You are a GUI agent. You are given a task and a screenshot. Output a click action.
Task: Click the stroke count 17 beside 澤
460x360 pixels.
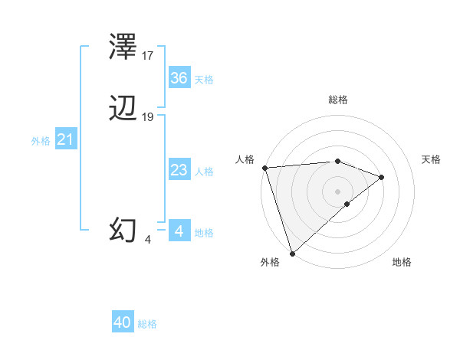[148, 56]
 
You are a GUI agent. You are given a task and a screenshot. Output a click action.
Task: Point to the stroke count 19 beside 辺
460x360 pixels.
[148, 117]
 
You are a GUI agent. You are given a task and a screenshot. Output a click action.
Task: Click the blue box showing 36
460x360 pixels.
[179, 78]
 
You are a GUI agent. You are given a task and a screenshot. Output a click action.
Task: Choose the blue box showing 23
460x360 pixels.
[179, 171]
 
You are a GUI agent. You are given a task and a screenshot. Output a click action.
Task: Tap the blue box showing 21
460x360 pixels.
[65, 140]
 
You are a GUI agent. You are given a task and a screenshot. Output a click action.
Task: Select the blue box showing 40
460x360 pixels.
[123, 323]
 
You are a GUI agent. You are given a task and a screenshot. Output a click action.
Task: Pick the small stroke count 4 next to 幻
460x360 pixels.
[148, 239]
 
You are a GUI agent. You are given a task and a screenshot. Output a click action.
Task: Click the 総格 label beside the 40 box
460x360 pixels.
[147, 324]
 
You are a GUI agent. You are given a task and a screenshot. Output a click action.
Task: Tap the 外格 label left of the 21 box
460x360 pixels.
[41, 141]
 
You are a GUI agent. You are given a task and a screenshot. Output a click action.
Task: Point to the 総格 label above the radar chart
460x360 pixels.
[338, 100]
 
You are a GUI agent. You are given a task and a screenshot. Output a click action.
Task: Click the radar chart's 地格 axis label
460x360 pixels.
[402, 262]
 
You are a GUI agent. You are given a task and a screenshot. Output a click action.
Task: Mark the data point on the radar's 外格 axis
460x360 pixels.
[292, 253]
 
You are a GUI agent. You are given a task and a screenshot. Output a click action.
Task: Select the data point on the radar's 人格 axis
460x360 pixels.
[264, 168]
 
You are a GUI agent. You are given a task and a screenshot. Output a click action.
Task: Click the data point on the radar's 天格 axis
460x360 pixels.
[382, 177]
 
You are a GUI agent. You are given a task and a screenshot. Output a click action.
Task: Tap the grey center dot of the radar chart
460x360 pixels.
[337, 191]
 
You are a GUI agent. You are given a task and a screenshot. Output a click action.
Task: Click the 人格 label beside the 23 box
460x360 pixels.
[205, 172]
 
